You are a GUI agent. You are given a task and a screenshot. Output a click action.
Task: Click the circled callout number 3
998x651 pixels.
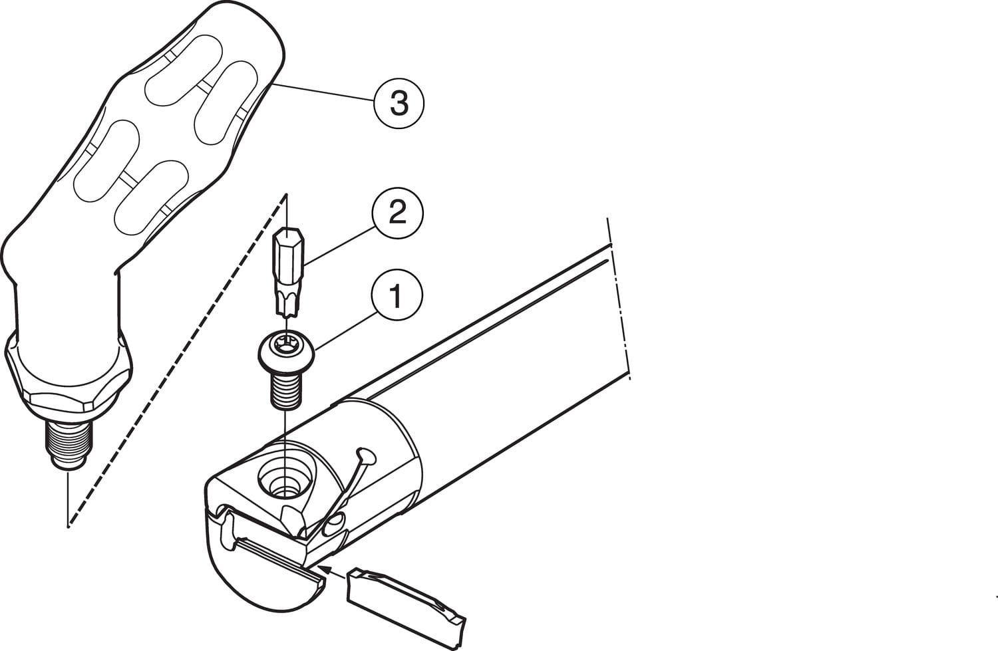(x=399, y=103)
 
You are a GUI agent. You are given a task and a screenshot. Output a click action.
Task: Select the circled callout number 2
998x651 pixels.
(x=397, y=213)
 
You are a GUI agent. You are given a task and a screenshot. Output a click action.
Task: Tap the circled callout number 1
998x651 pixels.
(x=396, y=295)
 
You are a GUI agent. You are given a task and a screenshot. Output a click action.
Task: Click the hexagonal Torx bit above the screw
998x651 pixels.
(x=288, y=271)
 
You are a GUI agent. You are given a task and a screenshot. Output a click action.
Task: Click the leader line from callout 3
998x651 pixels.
(x=323, y=94)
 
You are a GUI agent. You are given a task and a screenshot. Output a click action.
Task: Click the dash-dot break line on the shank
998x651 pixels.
(x=619, y=299)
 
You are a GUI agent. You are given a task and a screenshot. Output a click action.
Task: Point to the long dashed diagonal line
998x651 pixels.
(x=176, y=360)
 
